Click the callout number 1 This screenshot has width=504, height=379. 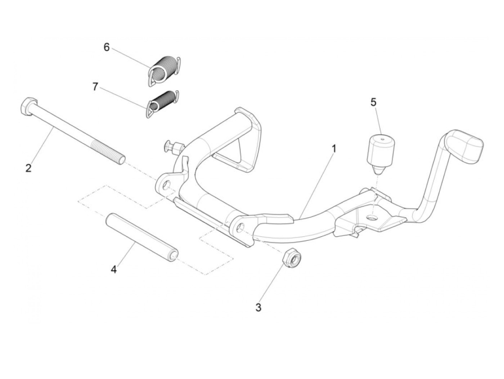pos(334,148)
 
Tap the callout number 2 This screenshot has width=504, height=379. pos(28,168)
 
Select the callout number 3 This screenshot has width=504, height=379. pos(258,308)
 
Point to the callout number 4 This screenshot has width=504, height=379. pos(113,269)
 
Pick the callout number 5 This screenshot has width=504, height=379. pos(373,102)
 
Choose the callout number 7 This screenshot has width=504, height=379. pos(95,87)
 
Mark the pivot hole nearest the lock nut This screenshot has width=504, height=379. pos(241,227)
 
